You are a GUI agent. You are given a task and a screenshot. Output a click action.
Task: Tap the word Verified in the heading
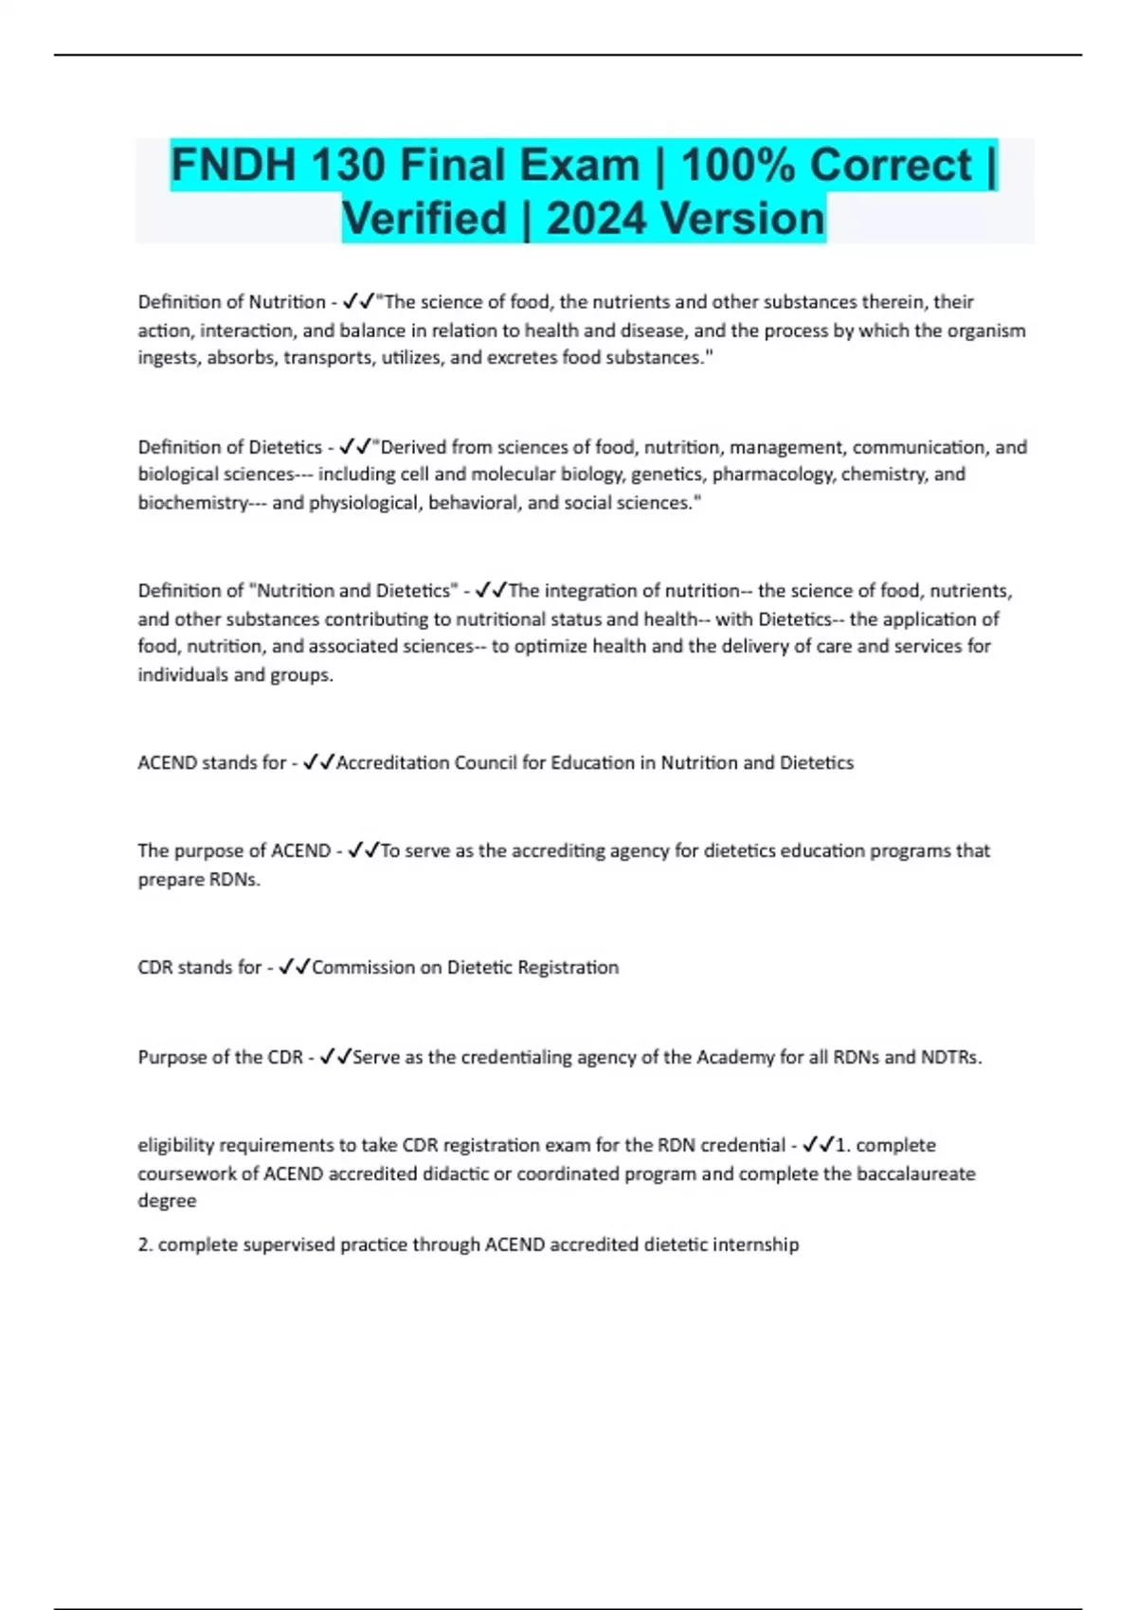424,219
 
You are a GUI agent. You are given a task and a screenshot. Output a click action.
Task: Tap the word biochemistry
192,503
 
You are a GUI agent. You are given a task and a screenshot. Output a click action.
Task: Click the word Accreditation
392,763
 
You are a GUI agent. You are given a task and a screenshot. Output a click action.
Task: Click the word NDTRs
951,1058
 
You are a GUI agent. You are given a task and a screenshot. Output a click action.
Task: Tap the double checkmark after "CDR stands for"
295,968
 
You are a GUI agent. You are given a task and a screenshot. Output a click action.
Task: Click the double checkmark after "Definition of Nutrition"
358,302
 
